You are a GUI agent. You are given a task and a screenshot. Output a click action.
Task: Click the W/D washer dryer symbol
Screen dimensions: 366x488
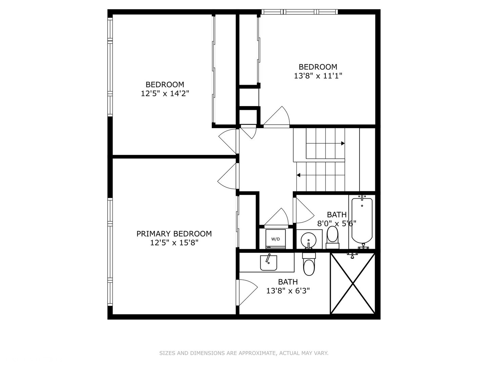pyautogui.click(x=275, y=239)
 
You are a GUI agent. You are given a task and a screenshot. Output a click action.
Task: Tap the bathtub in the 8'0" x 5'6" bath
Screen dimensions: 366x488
pyautogui.click(x=362, y=220)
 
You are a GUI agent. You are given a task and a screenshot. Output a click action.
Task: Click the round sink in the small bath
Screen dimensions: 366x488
pyautogui.click(x=309, y=240)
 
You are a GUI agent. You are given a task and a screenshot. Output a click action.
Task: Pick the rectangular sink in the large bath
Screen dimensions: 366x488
pyautogui.click(x=268, y=263)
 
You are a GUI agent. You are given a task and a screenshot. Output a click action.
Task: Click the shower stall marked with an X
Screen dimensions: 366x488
pyautogui.click(x=353, y=283)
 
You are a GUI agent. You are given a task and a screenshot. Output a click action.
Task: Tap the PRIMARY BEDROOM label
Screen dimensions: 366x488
pyautogui.click(x=174, y=233)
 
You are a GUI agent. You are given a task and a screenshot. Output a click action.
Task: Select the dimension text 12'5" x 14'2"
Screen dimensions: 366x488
pyautogui.click(x=165, y=94)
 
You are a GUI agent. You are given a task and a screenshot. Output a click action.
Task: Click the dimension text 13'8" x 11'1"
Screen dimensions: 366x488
pyautogui.click(x=318, y=76)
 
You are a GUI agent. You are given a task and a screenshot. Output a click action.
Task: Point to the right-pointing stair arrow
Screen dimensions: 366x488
pyautogui.click(x=343, y=143)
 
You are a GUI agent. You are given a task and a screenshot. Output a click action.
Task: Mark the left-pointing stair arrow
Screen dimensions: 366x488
pyautogui.click(x=299, y=175)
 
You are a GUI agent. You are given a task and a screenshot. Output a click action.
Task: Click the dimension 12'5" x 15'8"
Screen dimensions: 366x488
pyautogui.click(x=174, y=243)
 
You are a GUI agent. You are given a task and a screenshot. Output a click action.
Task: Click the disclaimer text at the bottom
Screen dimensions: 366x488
pyautogui.click(x=244, y=353)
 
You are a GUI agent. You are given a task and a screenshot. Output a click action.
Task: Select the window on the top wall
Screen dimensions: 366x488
pyautogui.click(x=300, y=12)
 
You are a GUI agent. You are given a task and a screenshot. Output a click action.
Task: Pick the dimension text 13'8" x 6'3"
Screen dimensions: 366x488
pyautogui.click(x=288, y=291)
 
